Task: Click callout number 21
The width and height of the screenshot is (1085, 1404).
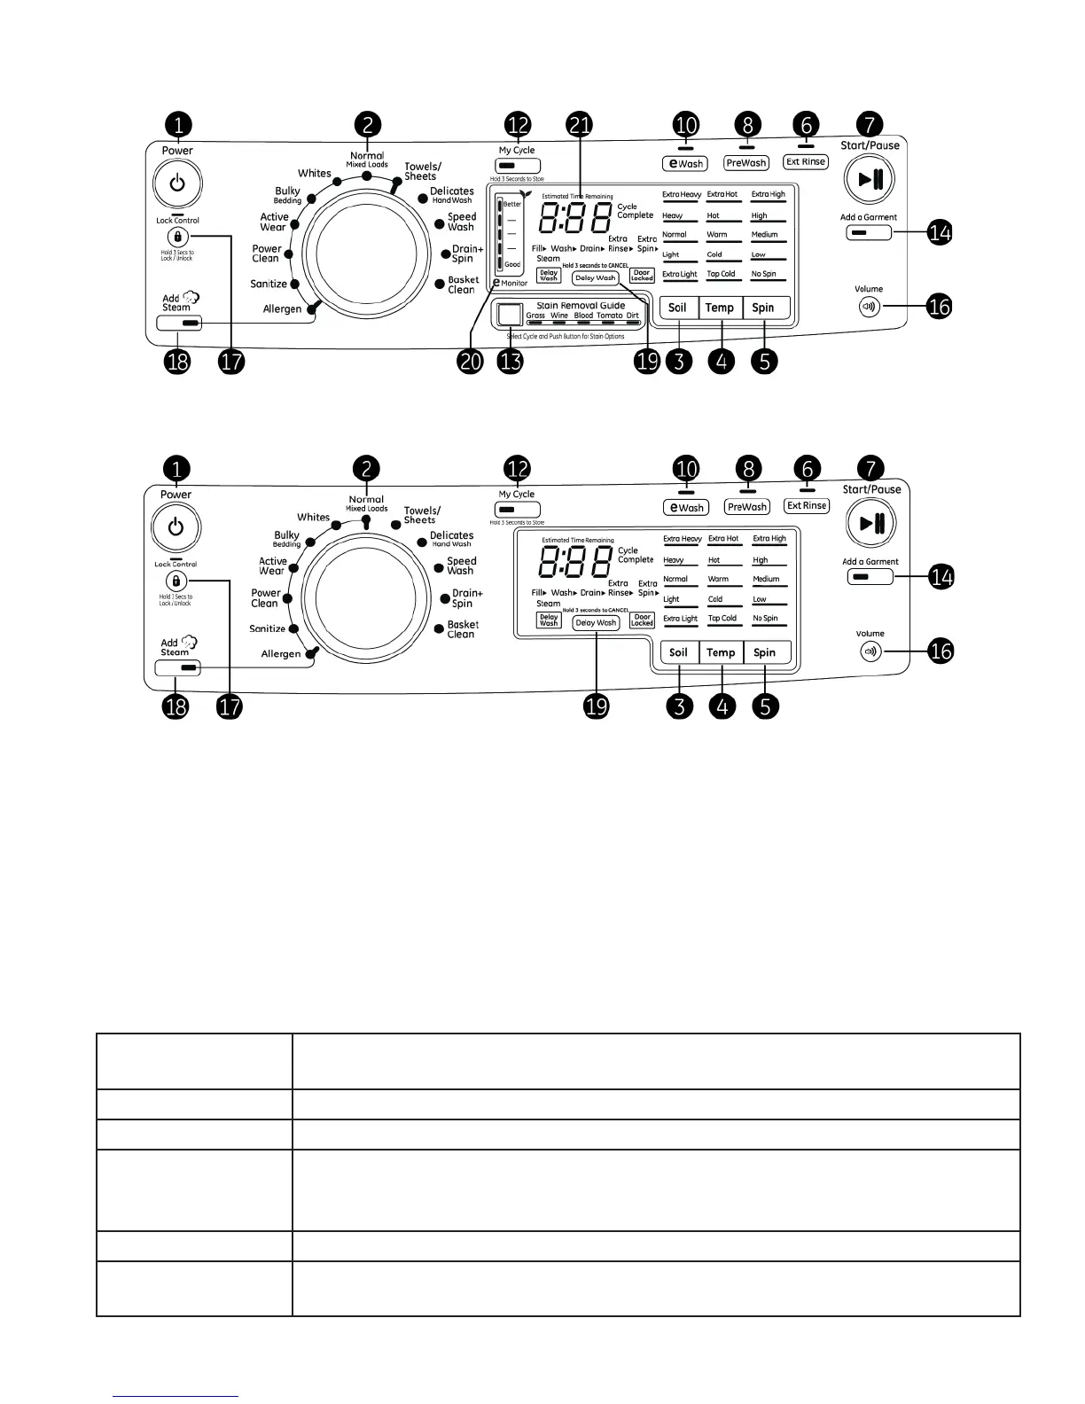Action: pos(580,126)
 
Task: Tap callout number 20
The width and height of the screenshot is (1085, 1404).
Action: pos(471,361)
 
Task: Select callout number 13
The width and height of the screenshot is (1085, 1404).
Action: pos(511,361)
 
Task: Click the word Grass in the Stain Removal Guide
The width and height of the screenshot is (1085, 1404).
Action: pos(535,316)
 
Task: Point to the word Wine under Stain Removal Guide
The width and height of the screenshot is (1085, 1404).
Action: pos(559,316)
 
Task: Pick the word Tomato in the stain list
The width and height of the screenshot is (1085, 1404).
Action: pos(609,316)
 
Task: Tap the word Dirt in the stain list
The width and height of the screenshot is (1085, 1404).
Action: pos(632,316)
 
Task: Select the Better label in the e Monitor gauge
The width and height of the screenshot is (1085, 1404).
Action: pos(512,204)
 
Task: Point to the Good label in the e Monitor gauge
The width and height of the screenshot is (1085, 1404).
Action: pos(512,265)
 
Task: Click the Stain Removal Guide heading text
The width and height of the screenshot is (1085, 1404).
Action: pos(581,305)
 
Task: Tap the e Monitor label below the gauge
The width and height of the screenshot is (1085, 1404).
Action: pos(511,283)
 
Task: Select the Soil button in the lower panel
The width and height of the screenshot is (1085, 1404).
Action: pos(678,652)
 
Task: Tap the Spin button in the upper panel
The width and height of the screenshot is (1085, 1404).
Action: pos(763,308)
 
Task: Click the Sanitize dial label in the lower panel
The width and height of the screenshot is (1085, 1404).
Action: pos(268,628)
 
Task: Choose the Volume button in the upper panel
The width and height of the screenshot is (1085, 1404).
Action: pos(869,308)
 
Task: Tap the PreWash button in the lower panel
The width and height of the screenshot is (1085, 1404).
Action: pos(747,507)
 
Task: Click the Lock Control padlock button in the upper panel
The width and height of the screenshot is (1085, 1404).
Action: pos(177,238)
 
